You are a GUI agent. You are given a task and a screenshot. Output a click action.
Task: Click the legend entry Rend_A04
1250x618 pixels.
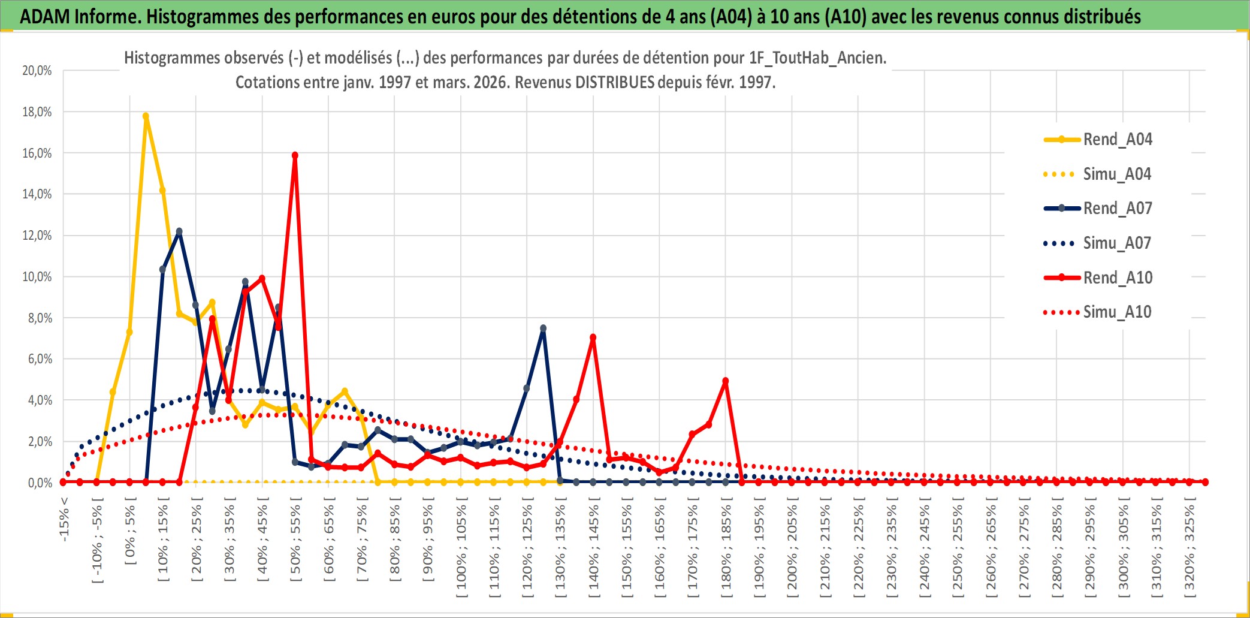[x=1117, y=140]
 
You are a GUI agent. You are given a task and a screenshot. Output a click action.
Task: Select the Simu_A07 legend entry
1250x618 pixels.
[x=1117, y=243]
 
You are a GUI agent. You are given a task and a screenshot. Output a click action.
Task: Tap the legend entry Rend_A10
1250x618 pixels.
[x=1117, y=278]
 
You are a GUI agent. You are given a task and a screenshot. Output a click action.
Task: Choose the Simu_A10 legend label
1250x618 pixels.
[x=1117, y=312]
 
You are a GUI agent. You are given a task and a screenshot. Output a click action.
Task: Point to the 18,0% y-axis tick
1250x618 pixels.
[x=37, y=112]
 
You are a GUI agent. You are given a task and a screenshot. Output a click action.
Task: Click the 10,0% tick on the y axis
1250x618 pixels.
[x=37, y=277]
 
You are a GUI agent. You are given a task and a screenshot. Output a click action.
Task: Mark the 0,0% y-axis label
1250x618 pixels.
[x=40, y=483]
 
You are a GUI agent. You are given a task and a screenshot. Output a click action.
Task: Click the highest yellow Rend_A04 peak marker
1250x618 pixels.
[x=146, y=116]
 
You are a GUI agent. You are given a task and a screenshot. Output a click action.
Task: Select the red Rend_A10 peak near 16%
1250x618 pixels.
[x=295, y=155]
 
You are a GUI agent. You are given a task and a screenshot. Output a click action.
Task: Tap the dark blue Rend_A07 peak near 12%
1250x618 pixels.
[x=179, y=231]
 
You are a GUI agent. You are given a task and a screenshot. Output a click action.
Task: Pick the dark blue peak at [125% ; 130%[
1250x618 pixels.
[x=543, y=328]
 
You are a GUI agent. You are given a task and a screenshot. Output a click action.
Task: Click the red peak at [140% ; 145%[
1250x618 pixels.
[x=593, y=337]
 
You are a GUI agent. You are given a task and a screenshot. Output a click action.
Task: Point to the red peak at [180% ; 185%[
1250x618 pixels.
[x=725, y=381]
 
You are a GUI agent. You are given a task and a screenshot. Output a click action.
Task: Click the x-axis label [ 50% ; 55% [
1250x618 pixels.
[x=295, y=542]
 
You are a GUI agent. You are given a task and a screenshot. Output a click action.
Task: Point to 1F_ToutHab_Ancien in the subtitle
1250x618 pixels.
[x=817, y=58]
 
